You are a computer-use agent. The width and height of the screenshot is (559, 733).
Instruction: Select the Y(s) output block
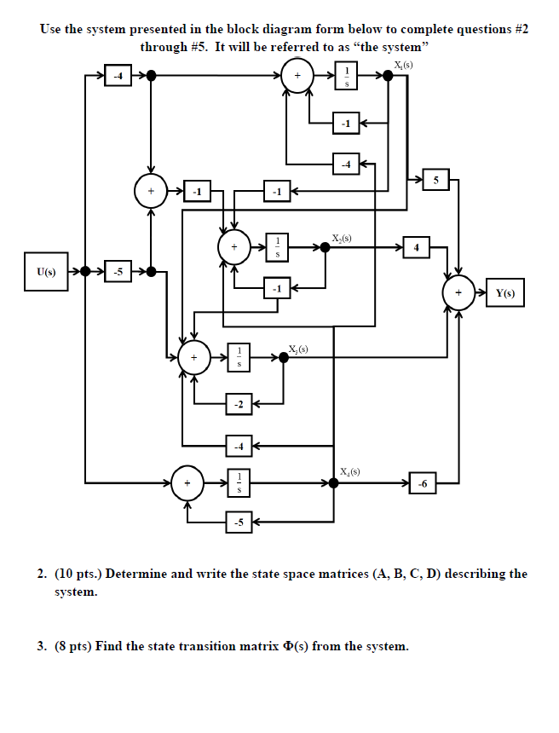(x=505, y=294)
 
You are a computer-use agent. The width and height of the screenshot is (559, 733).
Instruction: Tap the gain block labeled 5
(x=435, y=180)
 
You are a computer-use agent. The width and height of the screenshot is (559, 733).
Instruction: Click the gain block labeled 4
(x=417, y=248)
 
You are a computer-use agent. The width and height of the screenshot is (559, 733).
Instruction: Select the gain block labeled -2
(x=239, y=404)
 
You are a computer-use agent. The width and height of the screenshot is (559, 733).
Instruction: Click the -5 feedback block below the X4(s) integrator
(x=239, y=522)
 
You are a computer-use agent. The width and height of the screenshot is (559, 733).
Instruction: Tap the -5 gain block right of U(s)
(x=118, y=272)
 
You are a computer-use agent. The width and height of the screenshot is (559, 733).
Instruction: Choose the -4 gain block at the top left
(x=118, y=76)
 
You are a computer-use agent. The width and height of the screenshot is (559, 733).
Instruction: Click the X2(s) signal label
(x=341, y=237)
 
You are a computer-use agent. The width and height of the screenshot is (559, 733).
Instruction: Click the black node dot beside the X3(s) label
(x=284, y=358)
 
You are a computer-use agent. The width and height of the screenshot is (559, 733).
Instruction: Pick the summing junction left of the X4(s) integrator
(x=187, y=483)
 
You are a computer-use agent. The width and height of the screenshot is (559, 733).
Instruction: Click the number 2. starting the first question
(x=42, y=574)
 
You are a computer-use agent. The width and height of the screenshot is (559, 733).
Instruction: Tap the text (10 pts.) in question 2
(x=79, y=574)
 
